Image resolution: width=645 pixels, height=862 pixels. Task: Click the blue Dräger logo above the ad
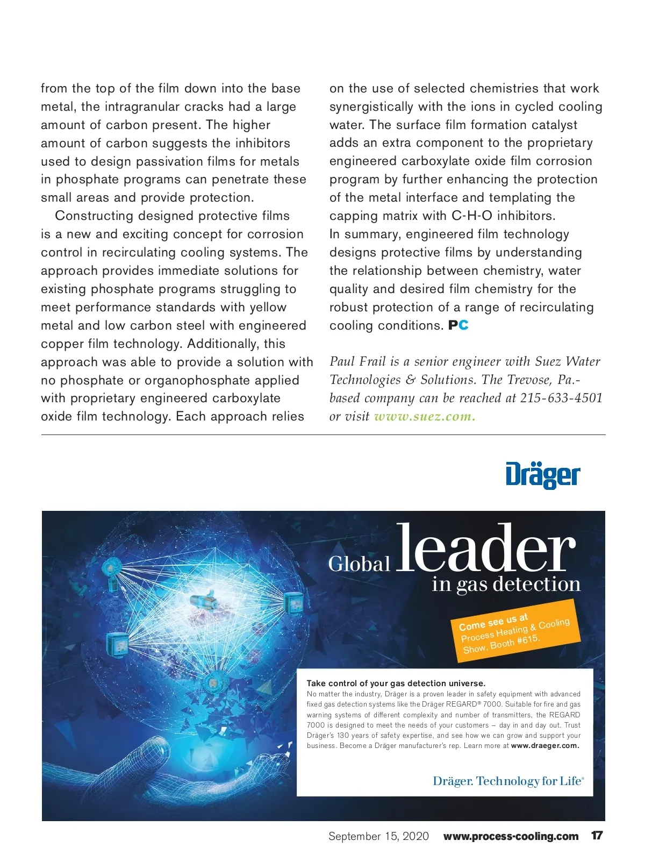[x=542, y=475]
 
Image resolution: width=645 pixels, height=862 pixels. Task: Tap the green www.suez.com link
[x=424, y=417]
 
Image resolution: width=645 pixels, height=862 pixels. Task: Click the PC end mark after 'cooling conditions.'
[x=458, y=325]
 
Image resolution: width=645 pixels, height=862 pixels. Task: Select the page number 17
[x=597, y=836]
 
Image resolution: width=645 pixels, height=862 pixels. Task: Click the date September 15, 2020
[x=378, y=836]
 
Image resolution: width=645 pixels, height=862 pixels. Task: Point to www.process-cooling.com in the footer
[x=511, y=836]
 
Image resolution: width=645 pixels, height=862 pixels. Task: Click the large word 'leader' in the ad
[x=486, y=548]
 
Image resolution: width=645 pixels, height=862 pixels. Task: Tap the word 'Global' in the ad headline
[x=359, y=564]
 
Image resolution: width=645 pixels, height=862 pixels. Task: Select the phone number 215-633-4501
[x=561, y=398]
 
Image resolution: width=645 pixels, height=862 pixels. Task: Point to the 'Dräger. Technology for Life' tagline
[x=508, y=781]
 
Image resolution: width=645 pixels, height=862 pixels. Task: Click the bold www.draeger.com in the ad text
[x=545, y=746]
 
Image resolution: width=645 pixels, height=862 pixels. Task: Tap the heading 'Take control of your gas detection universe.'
[x=396, y=683]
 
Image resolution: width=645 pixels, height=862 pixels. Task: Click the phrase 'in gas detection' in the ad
[x=506, y=585]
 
